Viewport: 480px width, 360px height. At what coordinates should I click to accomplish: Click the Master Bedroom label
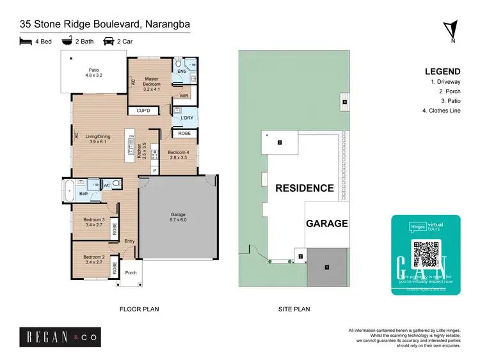pyautogui.click(x=151, y=82)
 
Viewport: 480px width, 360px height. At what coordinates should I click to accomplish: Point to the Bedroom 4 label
pyautogui.click(x=179, y=153)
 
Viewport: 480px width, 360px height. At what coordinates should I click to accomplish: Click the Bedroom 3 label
pyautogui.click(x=93, y=222)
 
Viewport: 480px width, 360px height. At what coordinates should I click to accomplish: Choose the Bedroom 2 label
pyautogui.click(x=93, y=259)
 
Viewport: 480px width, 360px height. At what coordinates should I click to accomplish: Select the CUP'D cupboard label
pyautogui.click(x=143, y=111)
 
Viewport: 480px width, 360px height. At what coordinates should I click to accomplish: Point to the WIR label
pyautogui.click(x=184, y=95)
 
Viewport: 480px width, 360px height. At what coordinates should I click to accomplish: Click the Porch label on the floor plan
pyautogui.click(x=131, y=273)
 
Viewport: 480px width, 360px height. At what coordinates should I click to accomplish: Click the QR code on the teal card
pyautogui.click(x=426, y=255)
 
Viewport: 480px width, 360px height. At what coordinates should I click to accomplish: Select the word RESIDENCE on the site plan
pyautogui.click(x=305, y=188)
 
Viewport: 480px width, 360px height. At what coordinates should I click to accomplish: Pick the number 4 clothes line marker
pyautogui.click(x=344, y=101)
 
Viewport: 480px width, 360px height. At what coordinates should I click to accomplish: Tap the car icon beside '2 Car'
pyautogui.click(x=108, y=40)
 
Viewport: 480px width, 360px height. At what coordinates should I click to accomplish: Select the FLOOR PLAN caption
pyautogui.click(x=139, y=309)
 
